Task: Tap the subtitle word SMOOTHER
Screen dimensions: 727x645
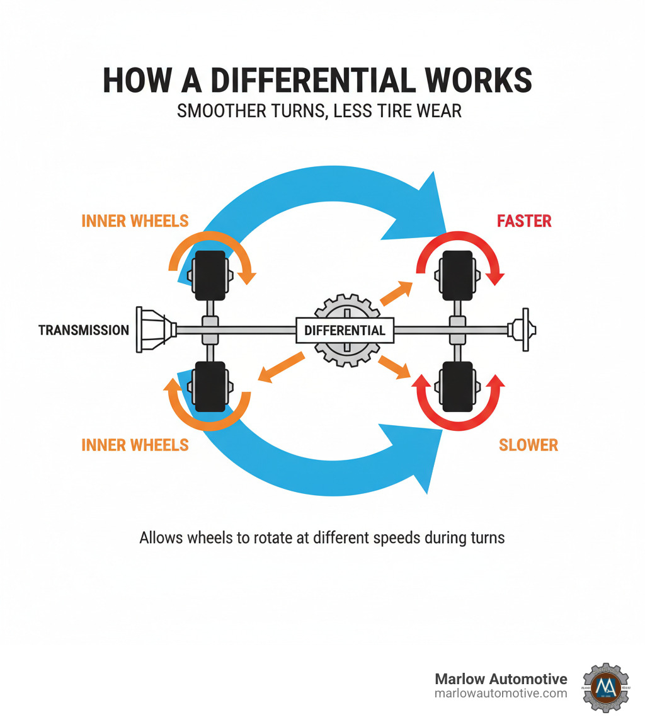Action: [217, 111]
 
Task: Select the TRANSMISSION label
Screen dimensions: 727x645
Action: [84, 329]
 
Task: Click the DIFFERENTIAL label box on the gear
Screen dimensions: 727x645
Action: [345, 330]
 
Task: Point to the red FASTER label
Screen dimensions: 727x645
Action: [524, 221]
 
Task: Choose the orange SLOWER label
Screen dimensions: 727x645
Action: [528, 445]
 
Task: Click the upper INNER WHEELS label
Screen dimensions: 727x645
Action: [135, 221]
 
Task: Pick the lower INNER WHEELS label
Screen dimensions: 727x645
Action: [135, 445]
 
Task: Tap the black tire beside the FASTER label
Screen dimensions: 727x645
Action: [459, 275]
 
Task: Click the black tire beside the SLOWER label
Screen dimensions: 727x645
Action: [459, 386]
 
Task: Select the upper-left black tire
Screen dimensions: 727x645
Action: [211, 275]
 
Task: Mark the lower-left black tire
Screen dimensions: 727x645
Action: [211, 386]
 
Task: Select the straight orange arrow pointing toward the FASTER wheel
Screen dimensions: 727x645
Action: [396, 292]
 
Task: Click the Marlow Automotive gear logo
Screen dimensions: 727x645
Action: [605, 686]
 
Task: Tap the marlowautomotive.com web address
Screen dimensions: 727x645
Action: [501, 693]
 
